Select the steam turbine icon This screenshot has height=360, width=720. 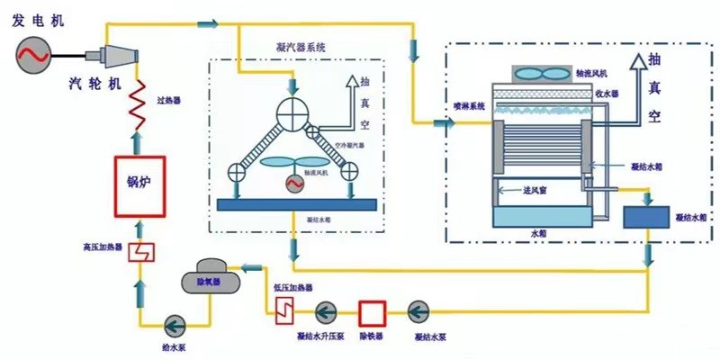[x=120, y=57]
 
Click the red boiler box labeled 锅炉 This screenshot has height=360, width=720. [x=138, y=186]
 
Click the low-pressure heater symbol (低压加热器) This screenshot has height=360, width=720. [x=285, y=310]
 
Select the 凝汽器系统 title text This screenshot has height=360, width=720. [x=302, y=47]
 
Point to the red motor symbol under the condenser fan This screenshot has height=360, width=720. [x=293, y=184]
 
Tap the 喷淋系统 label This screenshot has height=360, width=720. [x=468, y=106]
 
